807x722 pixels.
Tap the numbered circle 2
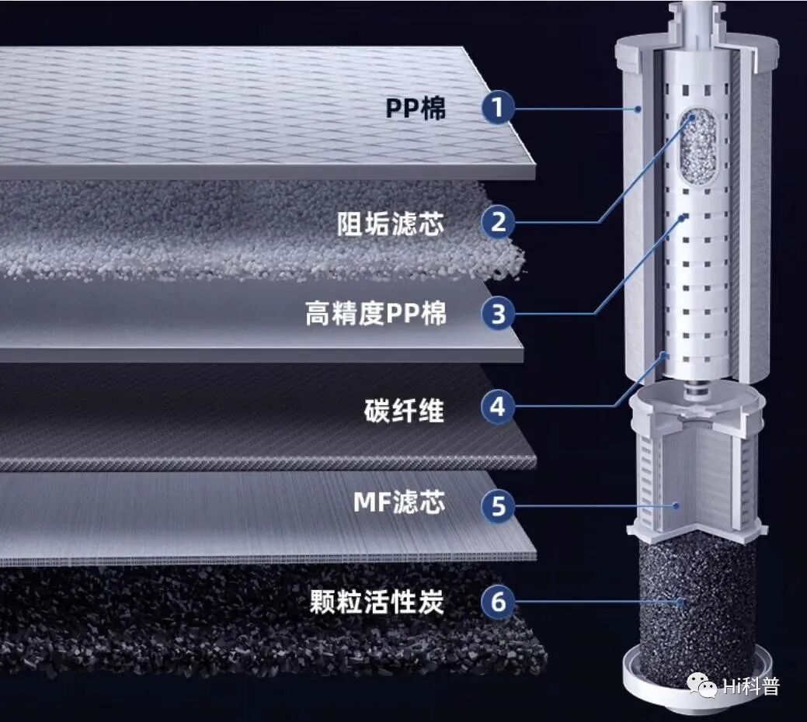tap(498, 223)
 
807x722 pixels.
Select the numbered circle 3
tap(498, 314)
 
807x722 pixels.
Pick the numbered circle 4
tap(498, 407)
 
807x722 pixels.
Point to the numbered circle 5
tap(498, 506)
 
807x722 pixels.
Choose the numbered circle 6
tap(498, 602)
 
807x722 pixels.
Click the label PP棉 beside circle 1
tap(416, 109)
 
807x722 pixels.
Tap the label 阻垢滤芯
tap(391, 224)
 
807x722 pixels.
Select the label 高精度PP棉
tap(376, 314)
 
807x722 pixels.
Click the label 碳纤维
tap(405, 409)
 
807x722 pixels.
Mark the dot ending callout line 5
tap(677, 506)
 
